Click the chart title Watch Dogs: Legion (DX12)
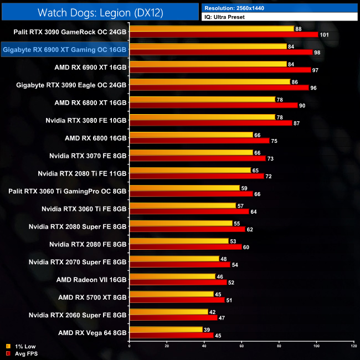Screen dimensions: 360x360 click(100, 12)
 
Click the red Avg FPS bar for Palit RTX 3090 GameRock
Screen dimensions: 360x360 click(223, 34)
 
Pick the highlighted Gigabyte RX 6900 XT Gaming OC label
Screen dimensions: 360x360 click(65, 50)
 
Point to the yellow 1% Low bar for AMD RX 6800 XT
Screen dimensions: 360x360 click(202, 99)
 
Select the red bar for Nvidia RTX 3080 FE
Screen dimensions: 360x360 click(210, 123)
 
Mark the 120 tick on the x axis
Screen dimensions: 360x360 click(354, 347)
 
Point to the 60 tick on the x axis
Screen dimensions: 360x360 click(241, 347)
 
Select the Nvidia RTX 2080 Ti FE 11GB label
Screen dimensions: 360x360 click(82, 173)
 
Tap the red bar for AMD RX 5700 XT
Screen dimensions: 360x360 click(177, 300)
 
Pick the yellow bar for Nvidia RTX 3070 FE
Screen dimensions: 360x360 click(191, 152)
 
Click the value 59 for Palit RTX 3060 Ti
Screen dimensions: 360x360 click(244, 188)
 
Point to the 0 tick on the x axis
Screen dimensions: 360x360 click(129, 347)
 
